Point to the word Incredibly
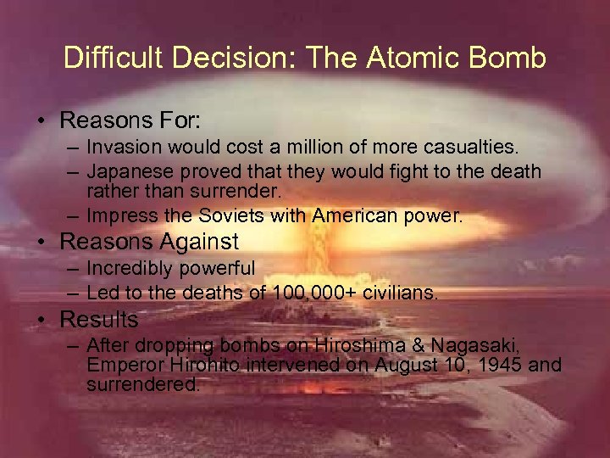point(128,269)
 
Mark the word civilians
point(397,293)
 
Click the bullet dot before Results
point(42,321)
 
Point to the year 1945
point(502,366)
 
